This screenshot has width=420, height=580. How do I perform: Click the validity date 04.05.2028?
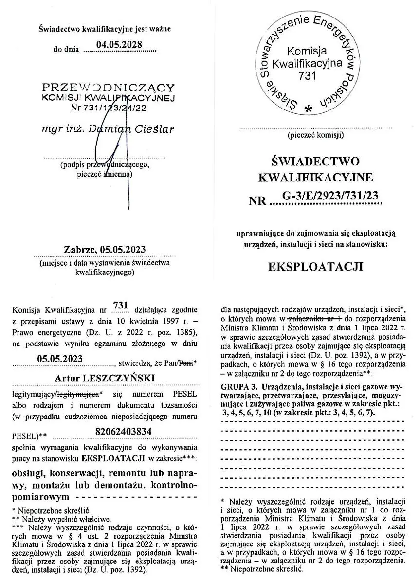[119, 45]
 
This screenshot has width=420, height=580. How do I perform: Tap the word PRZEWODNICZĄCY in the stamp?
[108, 88]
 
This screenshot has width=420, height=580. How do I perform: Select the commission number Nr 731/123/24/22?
[108, 109]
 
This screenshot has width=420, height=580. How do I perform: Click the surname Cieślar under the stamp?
[155, 129]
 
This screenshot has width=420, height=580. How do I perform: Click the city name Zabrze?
[80, 250]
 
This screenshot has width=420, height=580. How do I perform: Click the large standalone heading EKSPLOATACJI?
[316, 267]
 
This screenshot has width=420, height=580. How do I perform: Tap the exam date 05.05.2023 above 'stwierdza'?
[60, 359]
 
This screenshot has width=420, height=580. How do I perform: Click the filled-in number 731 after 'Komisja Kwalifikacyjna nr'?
[120, 305]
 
